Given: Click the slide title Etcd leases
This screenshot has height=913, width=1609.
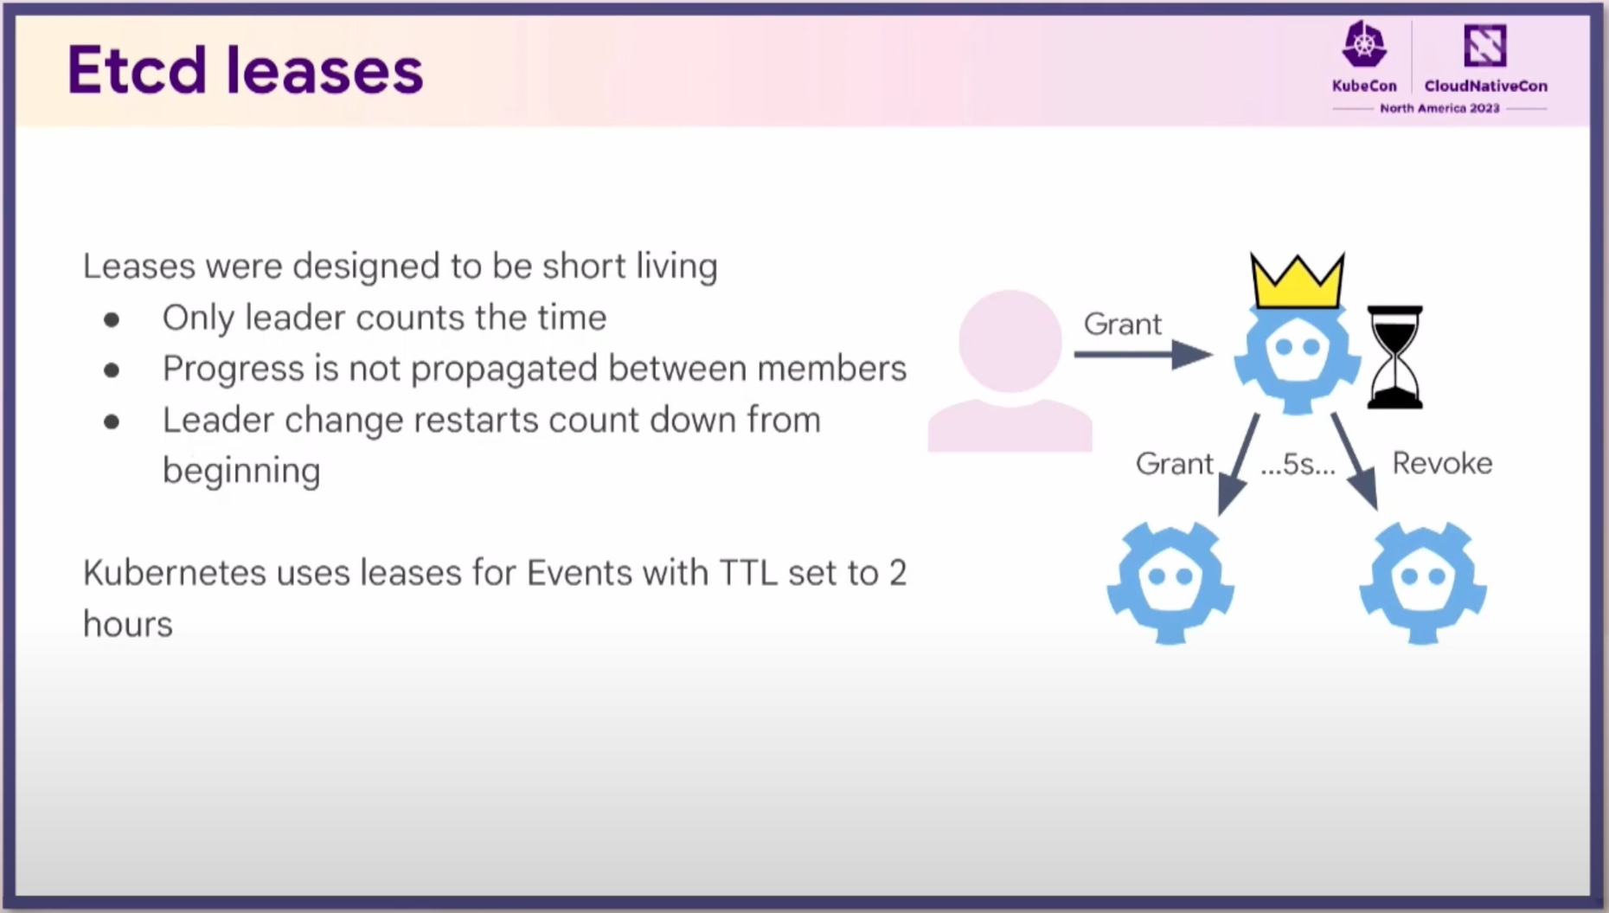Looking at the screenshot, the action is (245, 70).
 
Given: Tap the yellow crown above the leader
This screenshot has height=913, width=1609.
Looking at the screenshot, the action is (1297, 281).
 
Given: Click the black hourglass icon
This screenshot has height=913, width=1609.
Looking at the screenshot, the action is (1394, 357).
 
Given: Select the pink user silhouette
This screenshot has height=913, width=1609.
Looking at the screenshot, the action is (1010, 370).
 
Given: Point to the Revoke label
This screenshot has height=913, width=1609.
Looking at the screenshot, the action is (1442, 463).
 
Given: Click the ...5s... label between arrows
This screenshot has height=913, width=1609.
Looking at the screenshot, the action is (1298, 465).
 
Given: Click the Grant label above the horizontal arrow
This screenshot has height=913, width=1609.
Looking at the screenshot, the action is (1122, 324).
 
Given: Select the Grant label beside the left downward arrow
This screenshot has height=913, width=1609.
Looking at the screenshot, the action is (1174, 464).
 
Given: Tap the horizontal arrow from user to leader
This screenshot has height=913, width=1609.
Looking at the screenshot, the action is (1143, 354).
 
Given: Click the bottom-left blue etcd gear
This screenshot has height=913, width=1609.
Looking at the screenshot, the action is (1170, 582).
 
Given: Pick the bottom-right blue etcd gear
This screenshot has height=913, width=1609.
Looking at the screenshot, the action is (1423, 582).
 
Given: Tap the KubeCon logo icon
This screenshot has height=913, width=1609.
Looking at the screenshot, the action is (1364, 44).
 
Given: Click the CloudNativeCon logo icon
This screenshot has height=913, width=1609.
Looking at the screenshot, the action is (1485, 45).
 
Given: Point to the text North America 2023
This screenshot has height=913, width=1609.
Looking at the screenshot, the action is (1439, 108).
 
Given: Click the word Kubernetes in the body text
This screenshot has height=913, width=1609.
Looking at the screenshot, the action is (174, 573).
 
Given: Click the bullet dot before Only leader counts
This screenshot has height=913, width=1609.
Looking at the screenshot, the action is (112, 320).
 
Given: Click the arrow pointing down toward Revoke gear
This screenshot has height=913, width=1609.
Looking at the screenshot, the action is (1355, 461).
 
